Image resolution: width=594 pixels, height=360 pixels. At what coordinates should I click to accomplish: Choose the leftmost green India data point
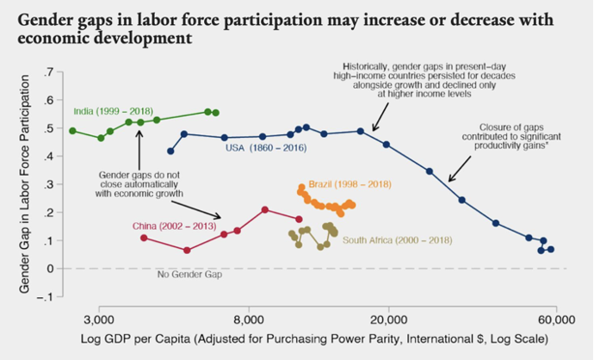tap(72, 131)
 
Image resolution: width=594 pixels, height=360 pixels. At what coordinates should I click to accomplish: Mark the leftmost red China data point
tap(144, 238)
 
